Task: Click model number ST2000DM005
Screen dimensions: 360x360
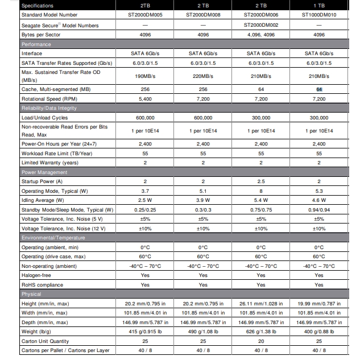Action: (x=145, y=16)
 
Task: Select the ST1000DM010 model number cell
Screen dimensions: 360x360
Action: (x=319, y=16)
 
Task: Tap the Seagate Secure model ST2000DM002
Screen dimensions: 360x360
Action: (x=261, y=26)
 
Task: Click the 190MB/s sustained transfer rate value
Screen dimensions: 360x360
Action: (x=145, y=76)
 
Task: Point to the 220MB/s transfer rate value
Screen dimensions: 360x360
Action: (x=203, y=76)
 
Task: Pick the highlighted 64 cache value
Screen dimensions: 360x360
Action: (x=319, y=89)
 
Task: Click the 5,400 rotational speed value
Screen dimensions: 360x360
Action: (x=145, y=98)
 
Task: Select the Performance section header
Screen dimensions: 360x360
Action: (x=36, y=44)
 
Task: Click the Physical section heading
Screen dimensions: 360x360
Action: (x=32, y=294)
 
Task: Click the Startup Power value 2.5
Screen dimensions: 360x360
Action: (x=261, y=181)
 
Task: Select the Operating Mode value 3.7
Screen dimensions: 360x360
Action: (x=145, y=191)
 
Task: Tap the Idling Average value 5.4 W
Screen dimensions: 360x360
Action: (x=261, y=201)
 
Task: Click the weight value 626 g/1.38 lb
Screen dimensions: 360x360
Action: (x=261, y=332)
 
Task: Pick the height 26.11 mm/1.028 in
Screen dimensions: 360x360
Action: (x=261, y=304)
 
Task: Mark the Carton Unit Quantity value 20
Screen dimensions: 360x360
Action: (x=261, y=341)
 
